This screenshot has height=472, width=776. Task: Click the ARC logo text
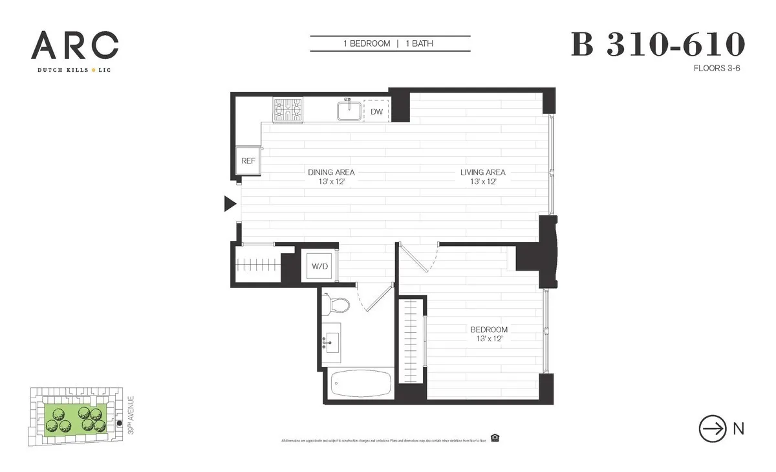pos(74,45)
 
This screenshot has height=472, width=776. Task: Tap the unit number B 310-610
pos(658,45)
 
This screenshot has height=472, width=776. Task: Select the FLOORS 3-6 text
pos(716,67)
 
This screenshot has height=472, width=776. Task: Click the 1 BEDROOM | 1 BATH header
pos(390,44)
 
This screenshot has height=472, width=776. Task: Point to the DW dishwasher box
pos(376,111)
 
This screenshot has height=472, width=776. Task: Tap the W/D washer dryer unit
pos(320,265)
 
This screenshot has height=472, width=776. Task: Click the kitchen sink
pos(350,110)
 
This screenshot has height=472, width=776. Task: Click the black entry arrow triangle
pos(230,204)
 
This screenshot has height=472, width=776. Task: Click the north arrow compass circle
pos(713,429)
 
